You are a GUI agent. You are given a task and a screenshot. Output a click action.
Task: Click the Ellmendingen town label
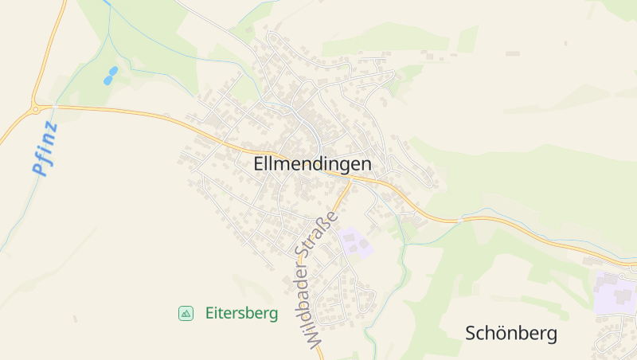tap(313, 165)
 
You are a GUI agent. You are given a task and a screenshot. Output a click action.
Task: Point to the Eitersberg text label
tap(241, 314)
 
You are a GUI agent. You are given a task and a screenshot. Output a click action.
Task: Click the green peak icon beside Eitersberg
tap(186, 314)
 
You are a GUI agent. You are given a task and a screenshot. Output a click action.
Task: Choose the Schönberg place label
tap(511, 334)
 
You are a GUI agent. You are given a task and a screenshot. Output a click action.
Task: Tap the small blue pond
tap(110, 76)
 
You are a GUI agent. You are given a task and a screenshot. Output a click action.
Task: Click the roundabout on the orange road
tap(36, 108)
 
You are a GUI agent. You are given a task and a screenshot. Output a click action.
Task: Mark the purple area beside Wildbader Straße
tap(356, 242)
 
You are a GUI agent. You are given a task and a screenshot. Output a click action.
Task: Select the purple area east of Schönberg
tap(613, 292)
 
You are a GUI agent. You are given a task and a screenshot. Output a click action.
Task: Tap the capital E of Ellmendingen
tap(260, 165)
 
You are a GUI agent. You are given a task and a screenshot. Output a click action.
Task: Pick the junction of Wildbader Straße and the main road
tap(350, 182)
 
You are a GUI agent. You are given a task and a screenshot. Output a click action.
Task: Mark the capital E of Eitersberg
tap(209, 314)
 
